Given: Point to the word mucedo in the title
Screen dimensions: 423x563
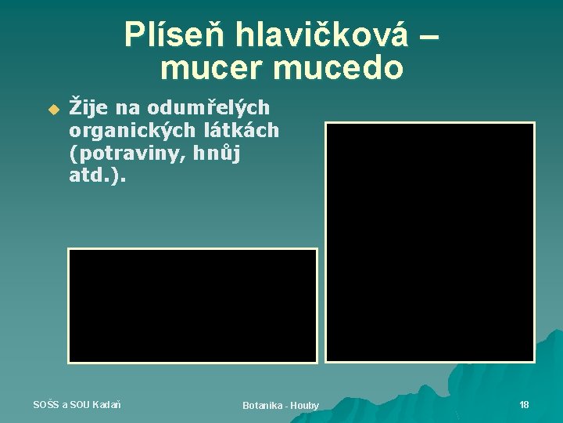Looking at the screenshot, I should (338, 69).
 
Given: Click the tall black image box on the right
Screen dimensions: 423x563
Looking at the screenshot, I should (429, 242).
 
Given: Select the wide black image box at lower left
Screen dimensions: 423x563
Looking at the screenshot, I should (192, 305).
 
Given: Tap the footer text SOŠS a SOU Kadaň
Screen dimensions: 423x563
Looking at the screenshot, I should (77, 404).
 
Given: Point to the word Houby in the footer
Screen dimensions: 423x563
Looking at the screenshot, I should (304, 405).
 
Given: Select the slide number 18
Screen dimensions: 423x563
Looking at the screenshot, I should (524, 404).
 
